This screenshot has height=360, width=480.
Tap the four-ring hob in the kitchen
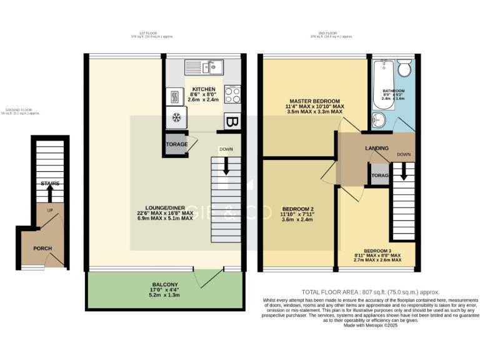point(232,95)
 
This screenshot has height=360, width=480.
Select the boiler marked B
point(233,121)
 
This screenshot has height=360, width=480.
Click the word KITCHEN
point(204,89)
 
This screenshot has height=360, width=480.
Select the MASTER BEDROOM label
point(314,101)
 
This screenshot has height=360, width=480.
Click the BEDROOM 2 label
point(297,209)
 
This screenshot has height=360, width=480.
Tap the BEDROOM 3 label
point(377,251)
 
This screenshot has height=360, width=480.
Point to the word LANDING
point(377,148)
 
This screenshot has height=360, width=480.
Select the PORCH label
point(42,248)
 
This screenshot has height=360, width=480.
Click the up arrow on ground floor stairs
point(50,191)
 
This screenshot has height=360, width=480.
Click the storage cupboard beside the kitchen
point(176,144)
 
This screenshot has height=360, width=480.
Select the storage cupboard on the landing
point(379,176)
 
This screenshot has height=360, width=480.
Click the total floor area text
point(371,292)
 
